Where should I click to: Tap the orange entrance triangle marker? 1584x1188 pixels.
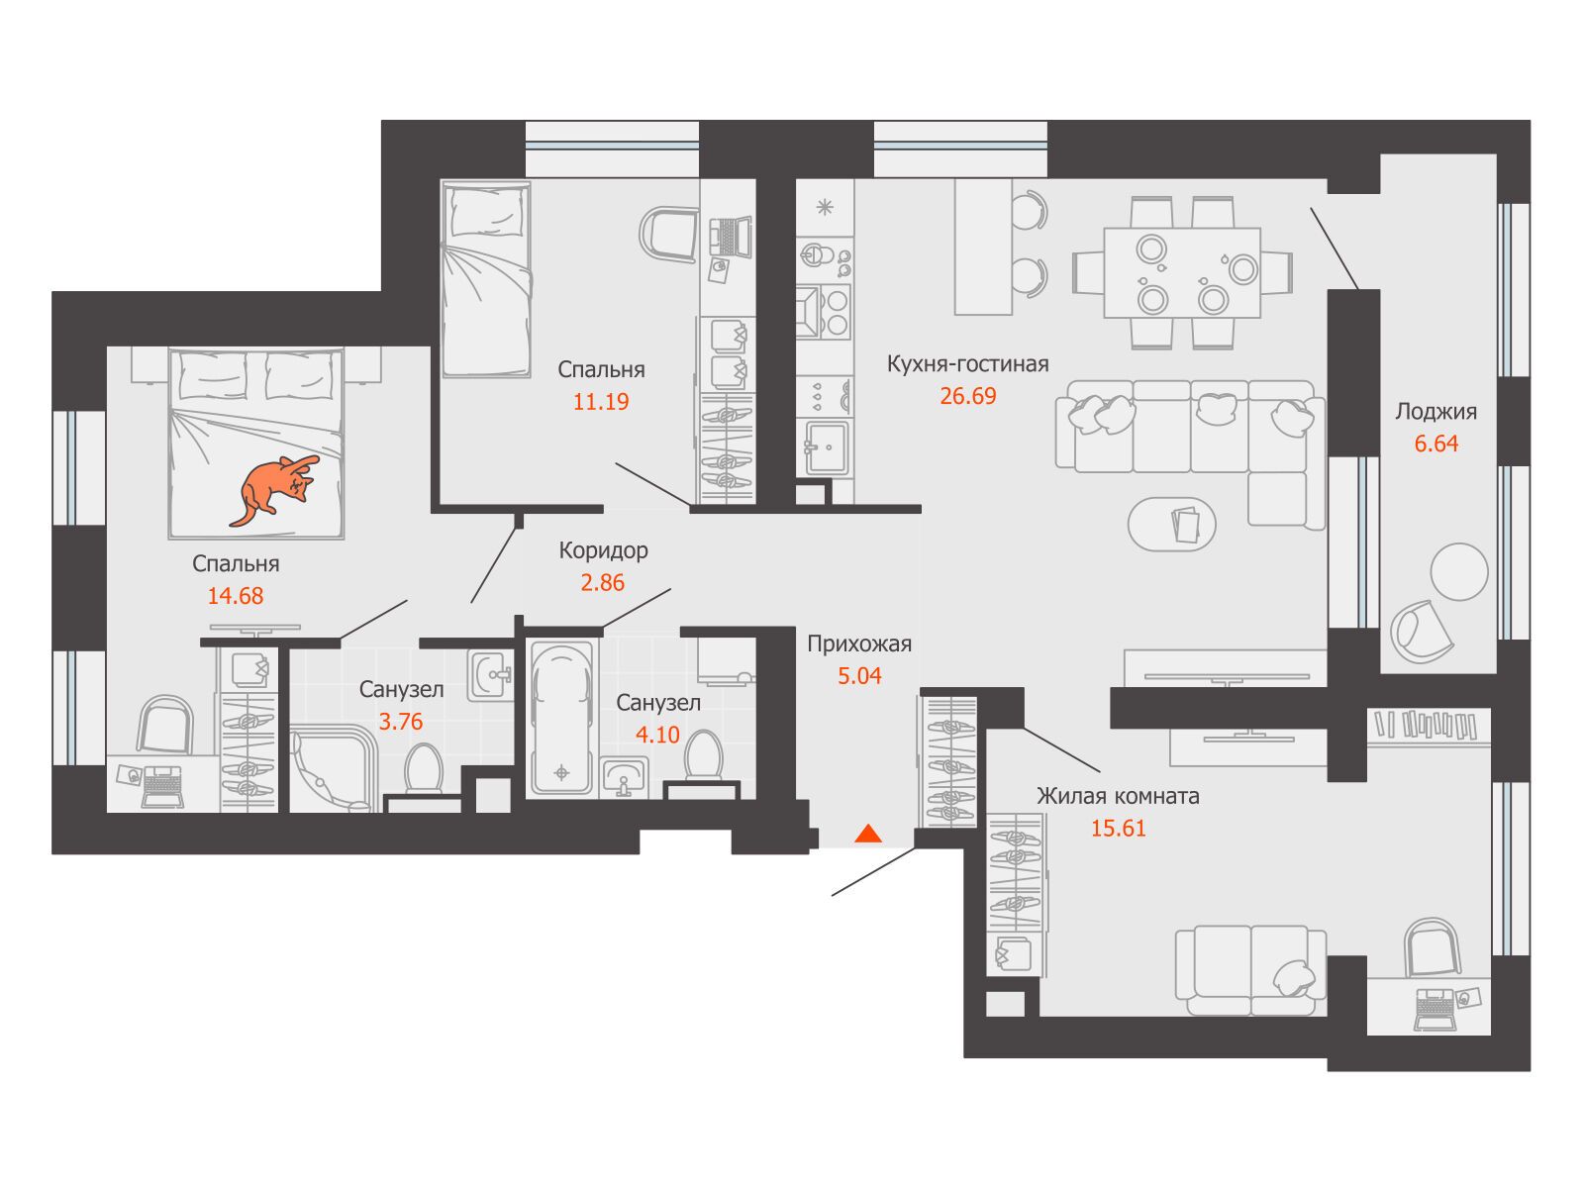(x=868, y=834)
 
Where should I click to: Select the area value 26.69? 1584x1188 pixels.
(x=967, y=396)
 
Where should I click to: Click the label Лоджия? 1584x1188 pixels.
(x=1436, y=412)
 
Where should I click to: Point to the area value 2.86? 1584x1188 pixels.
(x=603, y=582)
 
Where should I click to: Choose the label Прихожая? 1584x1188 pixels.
(x=859, y=643)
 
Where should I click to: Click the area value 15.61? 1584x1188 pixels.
(x=1118, y=828)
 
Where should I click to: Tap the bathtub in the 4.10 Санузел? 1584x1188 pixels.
(x=561, y=718)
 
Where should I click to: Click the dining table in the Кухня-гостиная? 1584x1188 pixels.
(x=1182, y=272)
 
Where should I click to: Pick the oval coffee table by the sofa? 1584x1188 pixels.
(x=1172, y=525)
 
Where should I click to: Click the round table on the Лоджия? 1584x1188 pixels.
(x=1459, y=572)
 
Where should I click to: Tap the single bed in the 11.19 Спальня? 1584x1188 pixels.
(x=486, y=279)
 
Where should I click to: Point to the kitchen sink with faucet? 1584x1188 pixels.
(x=827, y=447)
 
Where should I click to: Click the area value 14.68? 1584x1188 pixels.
(x=236, y=596)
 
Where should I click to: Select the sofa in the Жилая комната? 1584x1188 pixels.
(x=1250, y=971)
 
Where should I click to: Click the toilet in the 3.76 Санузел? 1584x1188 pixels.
(x=424, y=770)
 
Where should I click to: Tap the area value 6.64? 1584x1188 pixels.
(x=1436, y=444)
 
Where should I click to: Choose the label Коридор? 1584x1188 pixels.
(x=603, y=551)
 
